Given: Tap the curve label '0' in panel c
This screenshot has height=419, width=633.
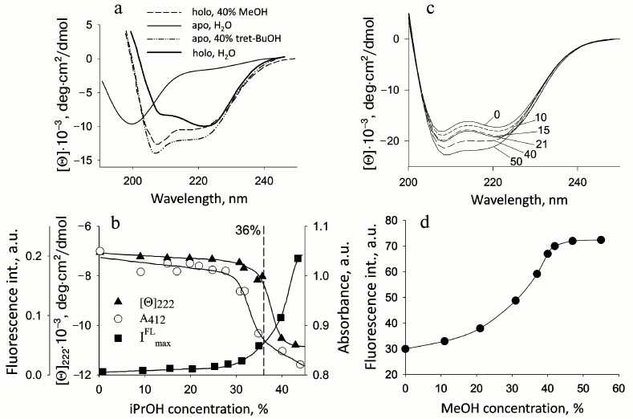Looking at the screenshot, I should click(x=497, y=114).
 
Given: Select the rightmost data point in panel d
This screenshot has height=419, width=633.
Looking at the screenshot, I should click(x=601, y=240).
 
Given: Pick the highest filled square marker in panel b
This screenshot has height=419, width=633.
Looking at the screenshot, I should click(x=298, y=258).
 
